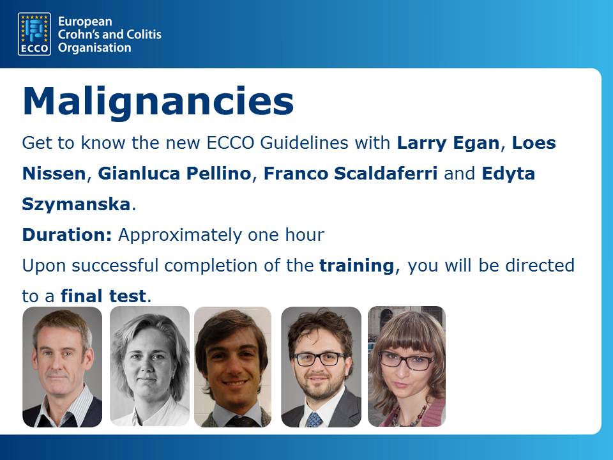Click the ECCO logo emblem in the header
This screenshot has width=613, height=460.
pyautogui.click(x=34, y=34)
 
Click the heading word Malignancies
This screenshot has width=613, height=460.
pyautogui.click(x=158, y=101)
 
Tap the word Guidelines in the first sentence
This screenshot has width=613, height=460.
pyautogui.click(x=304, y=142)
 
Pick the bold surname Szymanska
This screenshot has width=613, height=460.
pyautogui.click(x=76, y=204)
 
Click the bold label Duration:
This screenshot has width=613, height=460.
pyautogui.click(x=67, y=234)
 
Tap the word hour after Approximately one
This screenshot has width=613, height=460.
pyautogui.click(x=305, y=234)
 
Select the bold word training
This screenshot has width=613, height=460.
pyautogui.click(x=356, y=266)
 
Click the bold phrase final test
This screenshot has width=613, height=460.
pyautogui.click(x=103, y=296)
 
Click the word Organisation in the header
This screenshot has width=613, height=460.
pyautogui.click(x=95, y=48)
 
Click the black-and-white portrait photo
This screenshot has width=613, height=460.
pyautogui.click(x=149, y=366)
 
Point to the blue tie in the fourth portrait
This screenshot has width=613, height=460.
pyautogui.click(x=314, y=419)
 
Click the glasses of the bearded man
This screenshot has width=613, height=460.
pyautogui.click(x=319, y=359)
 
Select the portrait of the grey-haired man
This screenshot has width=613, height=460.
pyautogui.click(x=62, y=367)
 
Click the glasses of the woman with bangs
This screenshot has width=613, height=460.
pyautogui.click(x=406, y=360)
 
